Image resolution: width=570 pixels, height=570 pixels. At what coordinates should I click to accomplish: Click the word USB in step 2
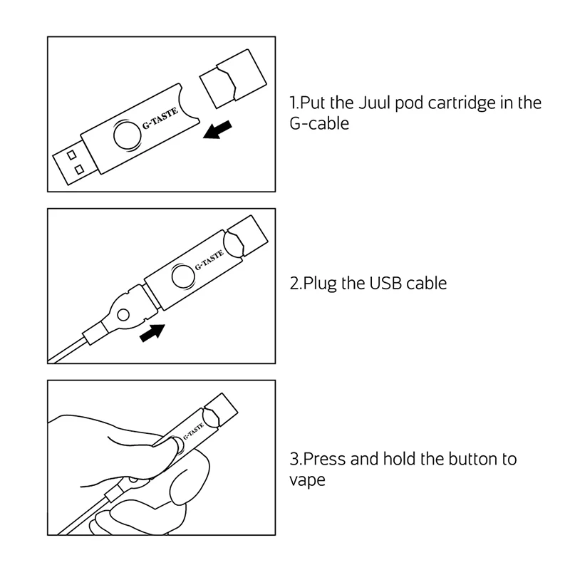pyautogui.click(x=381, y=283)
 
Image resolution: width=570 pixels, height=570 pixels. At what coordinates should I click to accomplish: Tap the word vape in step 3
pyautogui.click(x=307, y=480)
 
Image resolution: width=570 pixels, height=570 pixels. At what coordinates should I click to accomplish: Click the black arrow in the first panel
pyautogui.click(x=217, y=130)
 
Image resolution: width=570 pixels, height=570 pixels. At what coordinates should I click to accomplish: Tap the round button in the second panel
pyautogui.click(x=182, y=276)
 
